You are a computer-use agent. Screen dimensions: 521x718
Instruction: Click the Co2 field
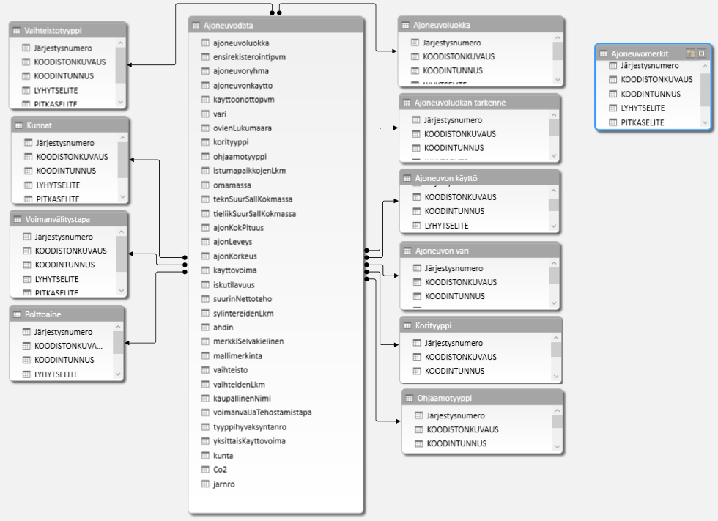(220, 469)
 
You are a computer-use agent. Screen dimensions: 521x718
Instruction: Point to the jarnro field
(224, 484)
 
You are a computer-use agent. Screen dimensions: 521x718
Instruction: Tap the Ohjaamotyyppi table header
(446, 398)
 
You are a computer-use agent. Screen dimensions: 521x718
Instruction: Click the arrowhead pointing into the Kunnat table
(129, 159)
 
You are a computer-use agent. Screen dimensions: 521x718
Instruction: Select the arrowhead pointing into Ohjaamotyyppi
(397, 420)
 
